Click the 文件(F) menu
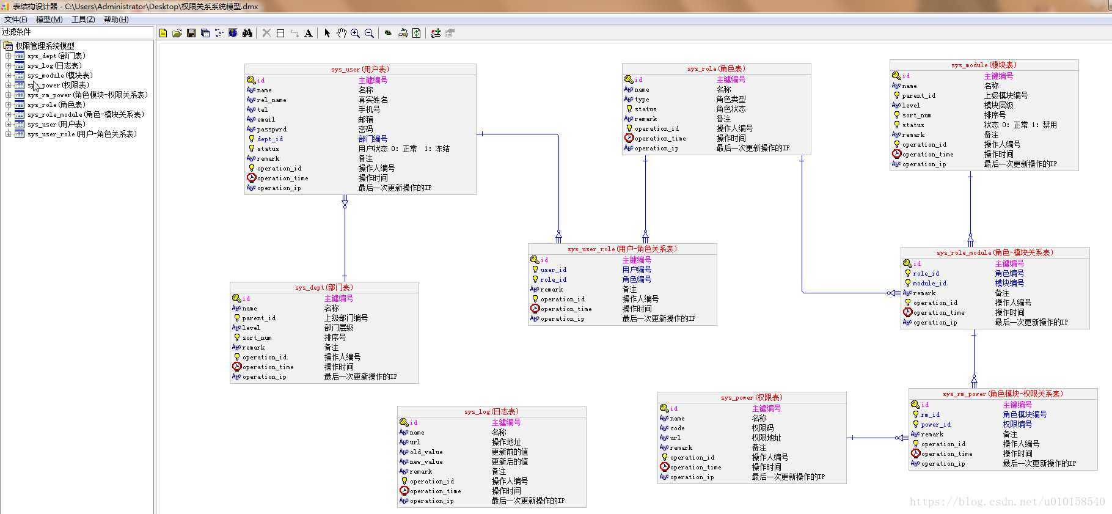(x=15, y=20)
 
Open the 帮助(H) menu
(x=116, y=20)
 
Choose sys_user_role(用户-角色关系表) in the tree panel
(x=82, y=134)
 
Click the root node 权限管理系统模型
(x=45, y=46)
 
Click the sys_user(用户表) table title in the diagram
(x=360, y=69)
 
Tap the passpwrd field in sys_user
(x=271, y=129)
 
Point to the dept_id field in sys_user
(x=269, y=139)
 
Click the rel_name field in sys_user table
(x=271, y=100)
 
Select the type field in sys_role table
(x=642, y=99)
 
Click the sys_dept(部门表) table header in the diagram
(x=324, y=287)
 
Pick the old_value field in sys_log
(x=426, y=452)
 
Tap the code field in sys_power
(x=677, y=428)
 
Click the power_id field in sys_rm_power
(x=935, y=424)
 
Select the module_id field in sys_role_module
(x=929, y=283)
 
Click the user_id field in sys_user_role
(x=553, y=270)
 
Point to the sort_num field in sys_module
(x=916, y=115)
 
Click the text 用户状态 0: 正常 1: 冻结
(x=403, y=149)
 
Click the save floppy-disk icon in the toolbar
(x=191, y=33)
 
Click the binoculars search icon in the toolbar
(x=247, y=33)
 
